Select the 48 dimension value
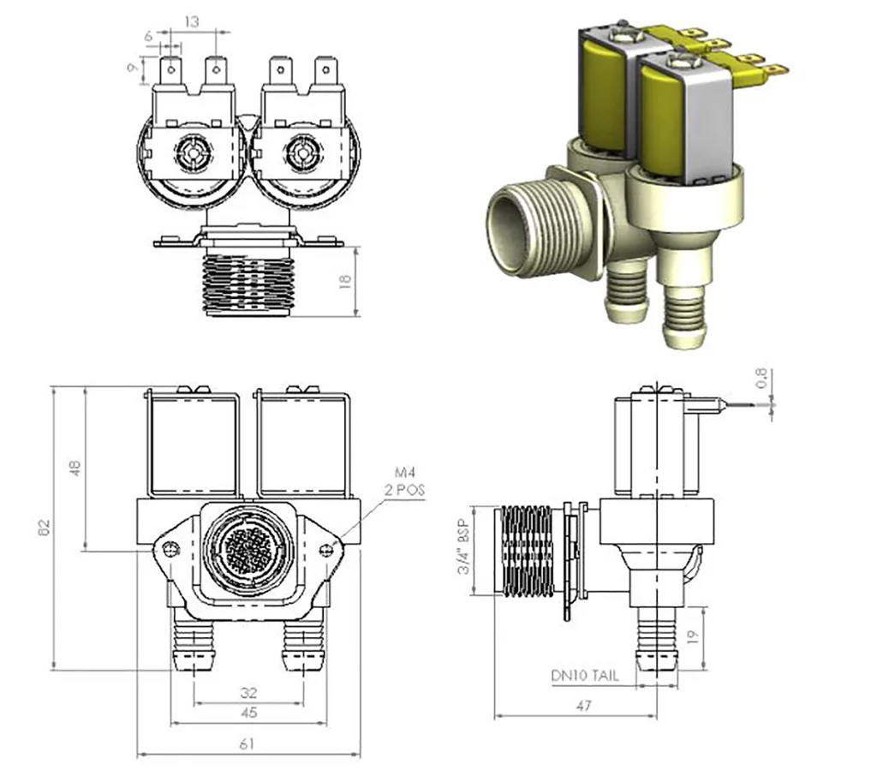coord(75,468)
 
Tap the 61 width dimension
coord(248,744)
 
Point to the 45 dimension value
coord(248,712)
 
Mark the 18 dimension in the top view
coord(347,281)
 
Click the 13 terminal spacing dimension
coord(193,22)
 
